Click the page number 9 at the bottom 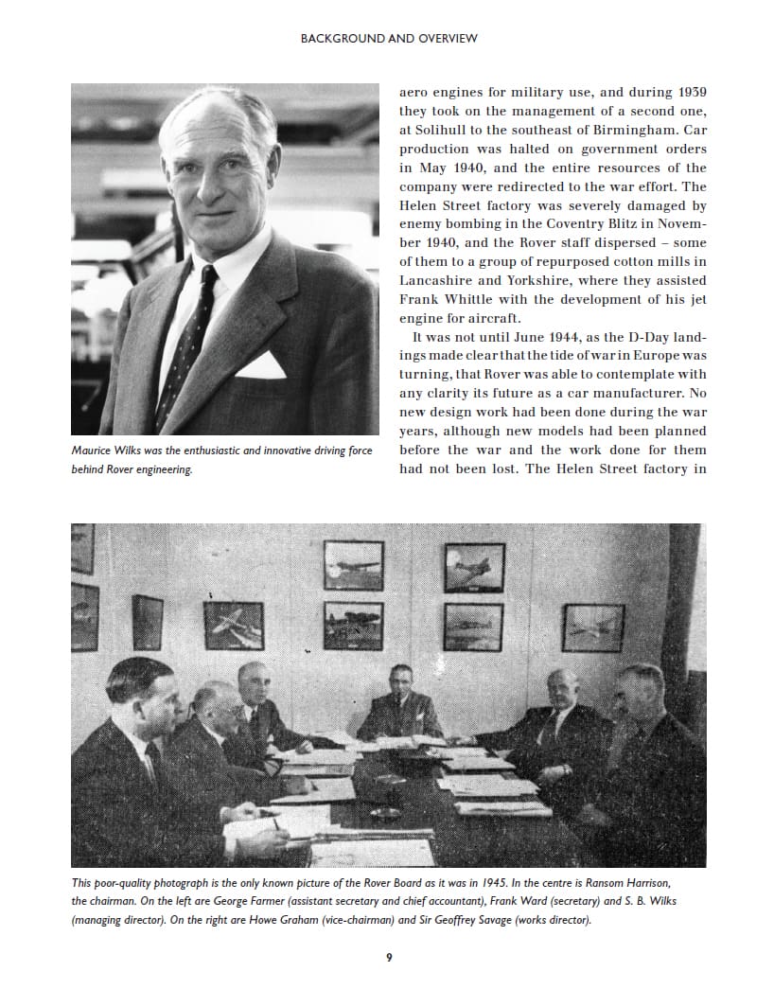point(388,957)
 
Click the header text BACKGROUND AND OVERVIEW point(388,39)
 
